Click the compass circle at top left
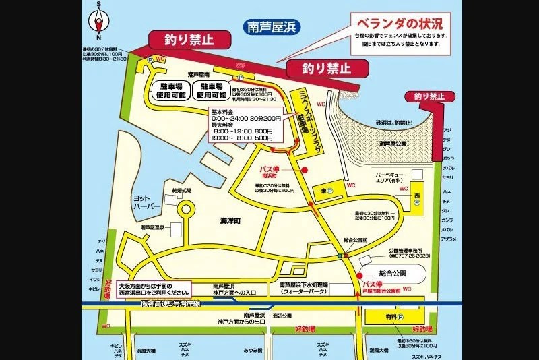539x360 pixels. [99, 26]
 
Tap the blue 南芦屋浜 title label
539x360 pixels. [271, 28]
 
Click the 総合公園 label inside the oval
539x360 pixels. [393, 274]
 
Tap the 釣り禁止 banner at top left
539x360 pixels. [182, 40]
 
